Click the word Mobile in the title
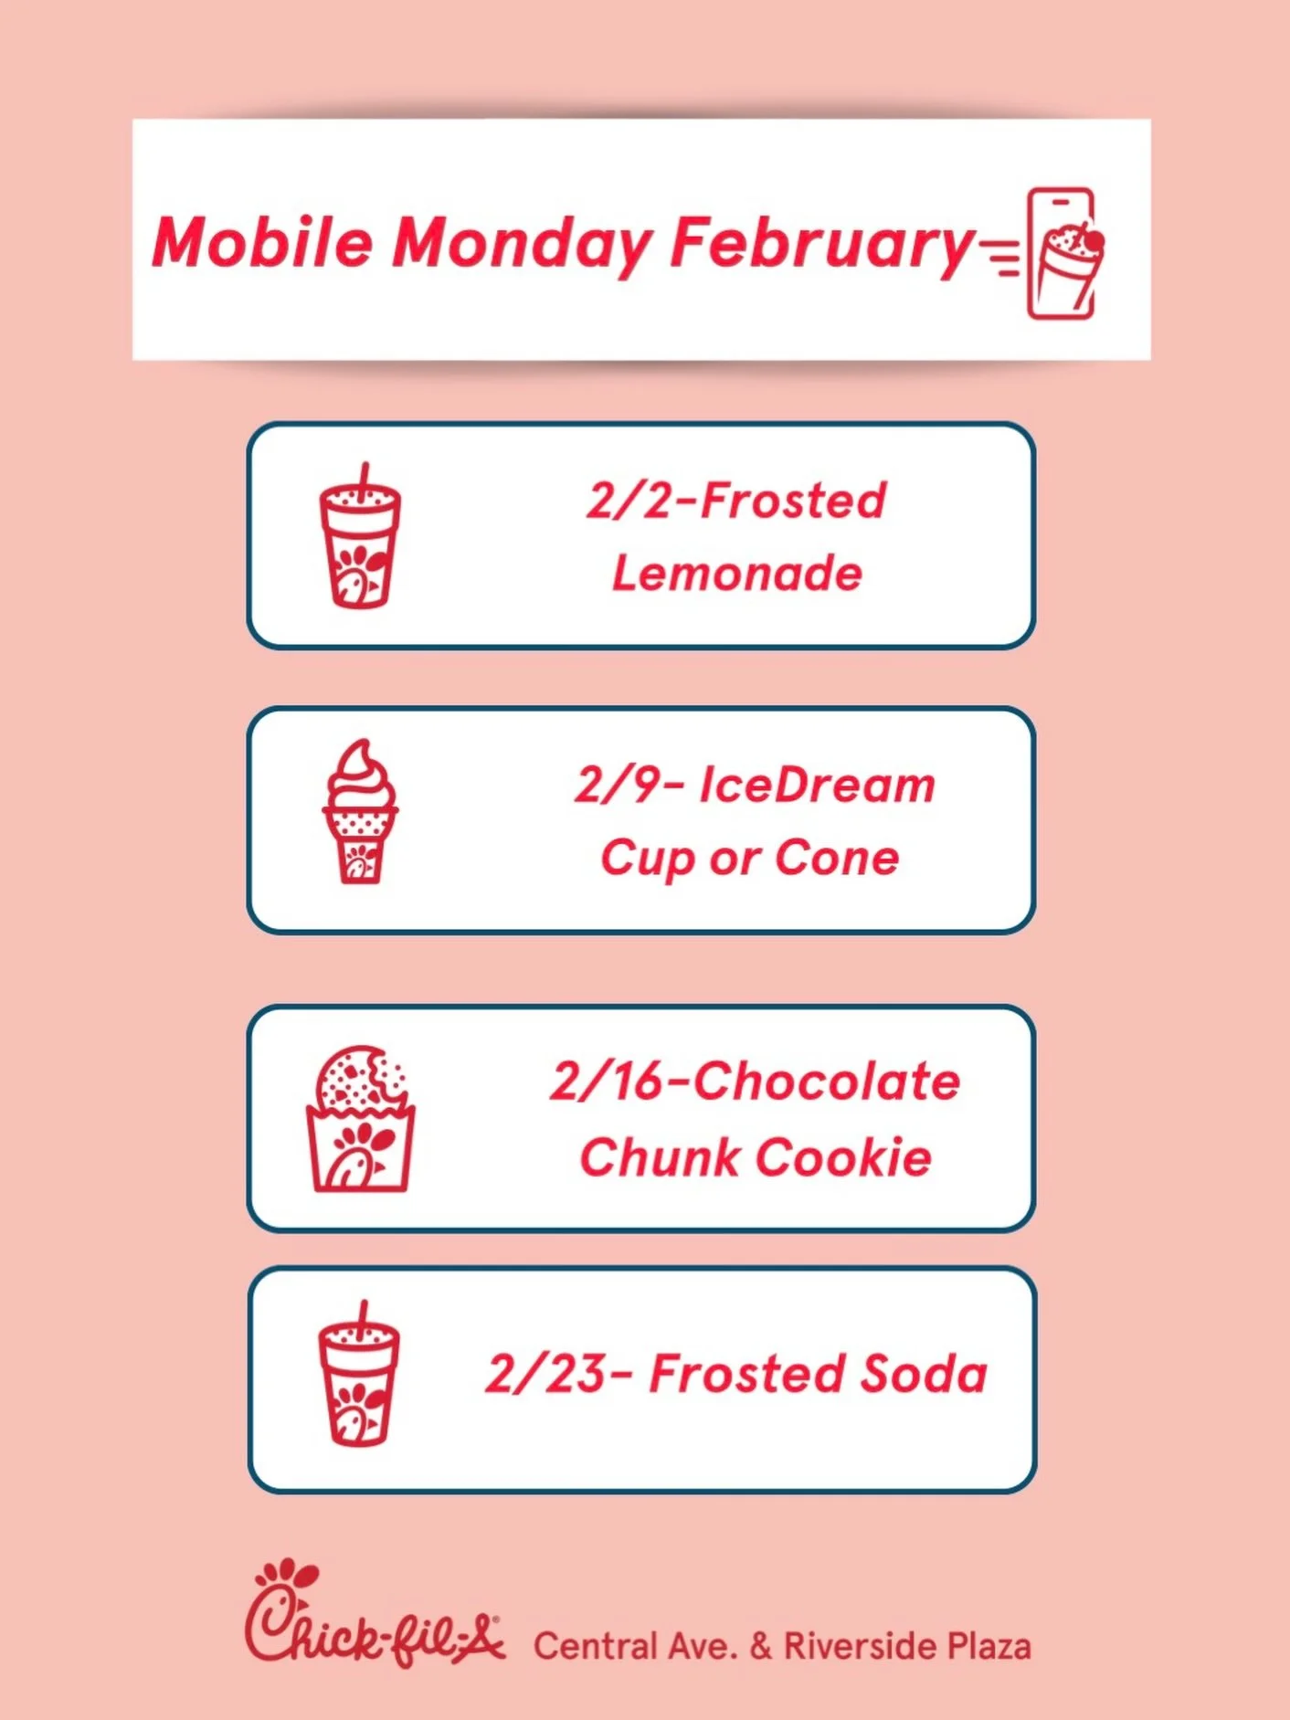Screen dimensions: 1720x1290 click(263, 243)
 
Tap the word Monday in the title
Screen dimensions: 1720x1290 click(522, 245)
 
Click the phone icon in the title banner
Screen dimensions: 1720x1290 click(1062, 254)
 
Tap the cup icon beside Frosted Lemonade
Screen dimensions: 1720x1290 click(360, 537)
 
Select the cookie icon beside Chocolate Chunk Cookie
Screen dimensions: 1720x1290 click(360, 1120)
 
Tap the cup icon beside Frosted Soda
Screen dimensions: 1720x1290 click(359, 1376)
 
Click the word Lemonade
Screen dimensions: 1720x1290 click(736, 574)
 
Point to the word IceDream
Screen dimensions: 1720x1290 click(817, 786)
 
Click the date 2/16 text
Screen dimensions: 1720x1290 click(606, 1082)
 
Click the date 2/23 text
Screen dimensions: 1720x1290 click(545, 1374)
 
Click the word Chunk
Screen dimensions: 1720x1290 click(661, 1157)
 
